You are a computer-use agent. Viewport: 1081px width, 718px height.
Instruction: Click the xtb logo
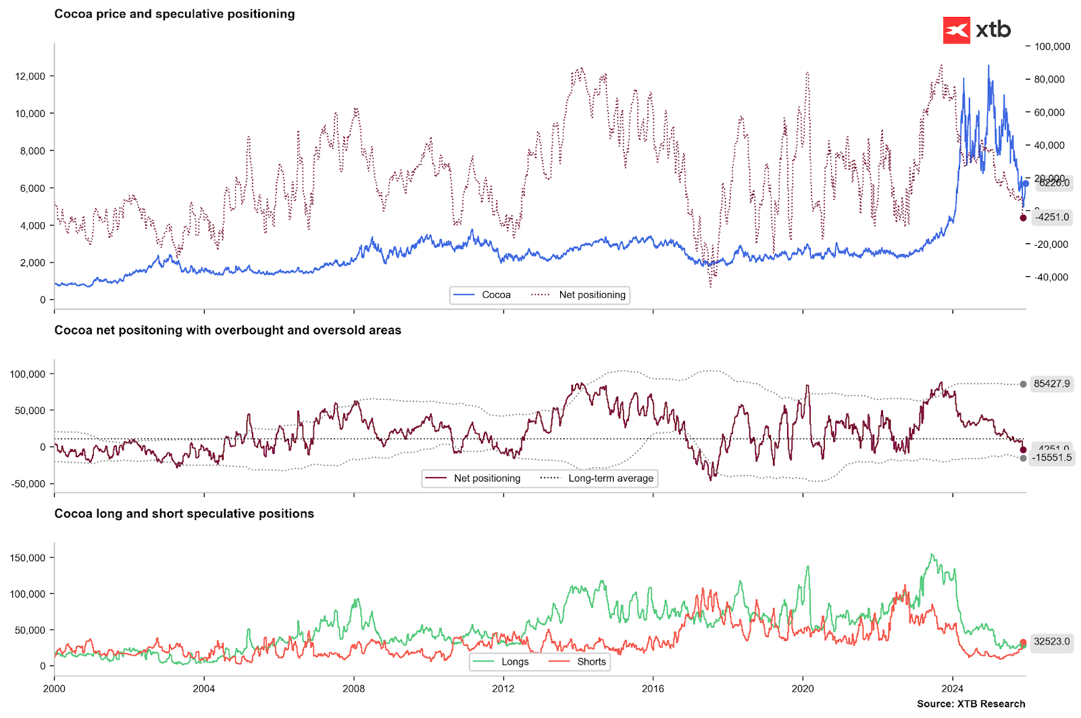pos(977,30)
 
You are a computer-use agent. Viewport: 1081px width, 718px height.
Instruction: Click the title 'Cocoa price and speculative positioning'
pos(174,14)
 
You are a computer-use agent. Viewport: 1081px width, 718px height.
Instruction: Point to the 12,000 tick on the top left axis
pos(30,76)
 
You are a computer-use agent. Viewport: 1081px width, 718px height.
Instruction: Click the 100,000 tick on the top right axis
pos(1052,47)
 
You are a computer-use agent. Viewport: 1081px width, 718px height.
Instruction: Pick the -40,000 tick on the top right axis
pos(1051,277)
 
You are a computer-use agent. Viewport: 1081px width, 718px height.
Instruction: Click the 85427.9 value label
pos(1052,384)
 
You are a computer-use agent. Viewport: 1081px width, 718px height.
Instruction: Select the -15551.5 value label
pos(1052,458)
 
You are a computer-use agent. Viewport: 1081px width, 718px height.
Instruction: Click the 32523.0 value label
pos(1052,642)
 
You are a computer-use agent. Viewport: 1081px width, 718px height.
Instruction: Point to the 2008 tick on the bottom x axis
pos(353,689)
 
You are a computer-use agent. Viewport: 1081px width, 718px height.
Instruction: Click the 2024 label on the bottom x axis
pos(952,689)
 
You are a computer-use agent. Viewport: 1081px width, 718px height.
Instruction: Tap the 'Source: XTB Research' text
pos(971,704)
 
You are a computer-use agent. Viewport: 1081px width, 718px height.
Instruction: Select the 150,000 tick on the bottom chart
pos(28,558)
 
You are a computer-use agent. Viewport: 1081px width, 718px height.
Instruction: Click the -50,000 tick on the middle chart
pos(28,484)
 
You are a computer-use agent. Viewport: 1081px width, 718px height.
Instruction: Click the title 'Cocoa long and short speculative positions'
pos(184,514)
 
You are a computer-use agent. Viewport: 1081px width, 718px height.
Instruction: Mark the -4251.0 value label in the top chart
pos(1053,217)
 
